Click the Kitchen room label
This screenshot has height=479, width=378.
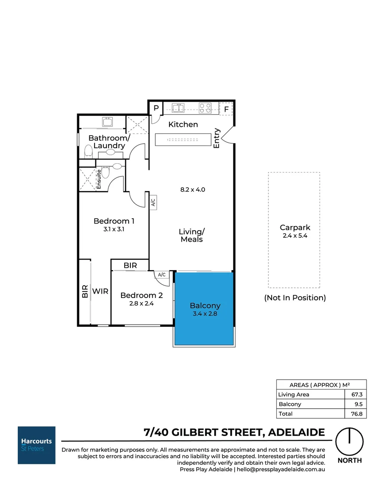(183, 125)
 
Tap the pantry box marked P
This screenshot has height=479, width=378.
(156, 108)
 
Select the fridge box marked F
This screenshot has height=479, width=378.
(226, 109)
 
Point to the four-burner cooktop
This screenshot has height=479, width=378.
(205, 108)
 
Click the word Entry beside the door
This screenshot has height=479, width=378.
(217, 138)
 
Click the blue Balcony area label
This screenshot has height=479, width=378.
(205, 306)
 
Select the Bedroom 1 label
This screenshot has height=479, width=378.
(114, 221)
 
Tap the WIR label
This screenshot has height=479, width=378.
(100, 291)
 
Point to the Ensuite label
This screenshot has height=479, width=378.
(99, 179)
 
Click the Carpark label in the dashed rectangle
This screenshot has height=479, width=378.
(295, 228)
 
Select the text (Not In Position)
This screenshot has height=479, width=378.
(295, 298)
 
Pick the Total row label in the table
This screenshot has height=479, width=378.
(285, 413)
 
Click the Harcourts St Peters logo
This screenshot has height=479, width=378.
(36, 445)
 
